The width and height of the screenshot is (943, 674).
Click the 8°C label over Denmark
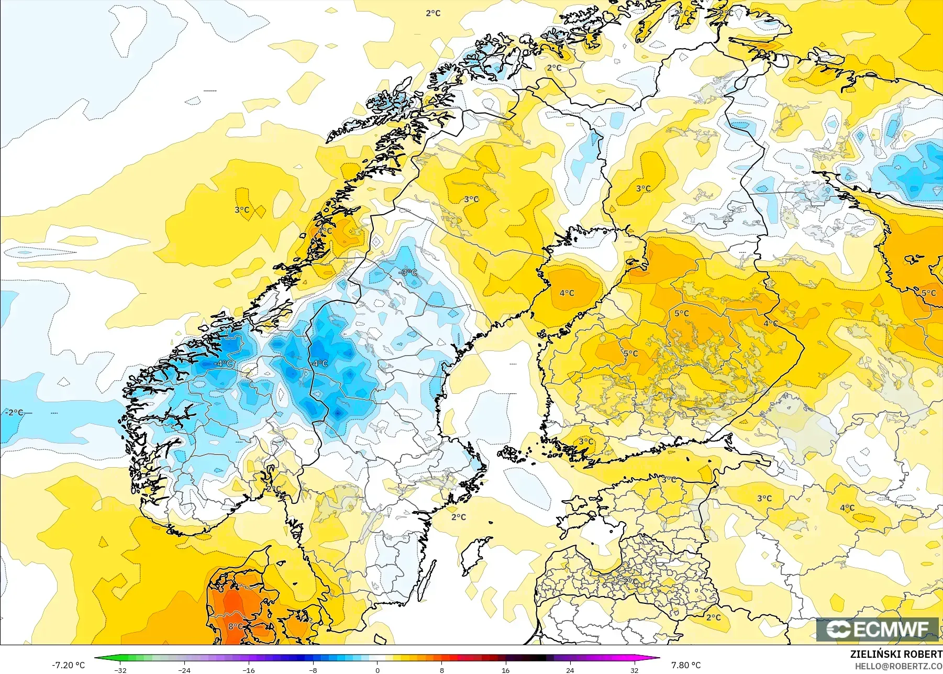coord(235,626)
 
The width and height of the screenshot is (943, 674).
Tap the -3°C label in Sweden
coord(408,272)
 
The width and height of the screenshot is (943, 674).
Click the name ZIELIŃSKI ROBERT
coord(896,654)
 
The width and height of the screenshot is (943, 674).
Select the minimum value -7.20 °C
coord(68,665)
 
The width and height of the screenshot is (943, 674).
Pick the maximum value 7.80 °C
coord(686,665)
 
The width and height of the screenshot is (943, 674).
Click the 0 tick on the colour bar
coord(377,670)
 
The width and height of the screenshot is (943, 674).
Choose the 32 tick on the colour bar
coord(634,670)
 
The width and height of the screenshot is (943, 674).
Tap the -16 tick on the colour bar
coord(249,670)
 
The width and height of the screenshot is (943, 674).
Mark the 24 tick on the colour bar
coord(570,670)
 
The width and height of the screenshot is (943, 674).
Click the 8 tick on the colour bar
coord(441,670)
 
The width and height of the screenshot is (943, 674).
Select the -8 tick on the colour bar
coord(313,670)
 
